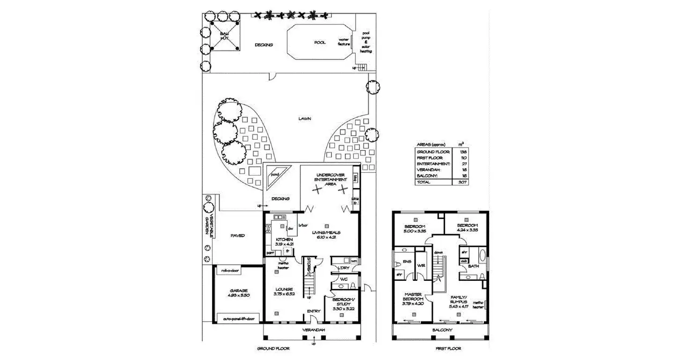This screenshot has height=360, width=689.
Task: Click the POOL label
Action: (320, 42)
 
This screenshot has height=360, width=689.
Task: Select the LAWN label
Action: (305, 119)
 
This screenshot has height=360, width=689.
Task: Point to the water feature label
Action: (344, 42)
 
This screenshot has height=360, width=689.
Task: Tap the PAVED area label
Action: (237, 236)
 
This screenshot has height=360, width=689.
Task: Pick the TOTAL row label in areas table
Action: (424, 182)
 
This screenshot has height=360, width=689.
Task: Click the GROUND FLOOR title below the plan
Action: (273, 349)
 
